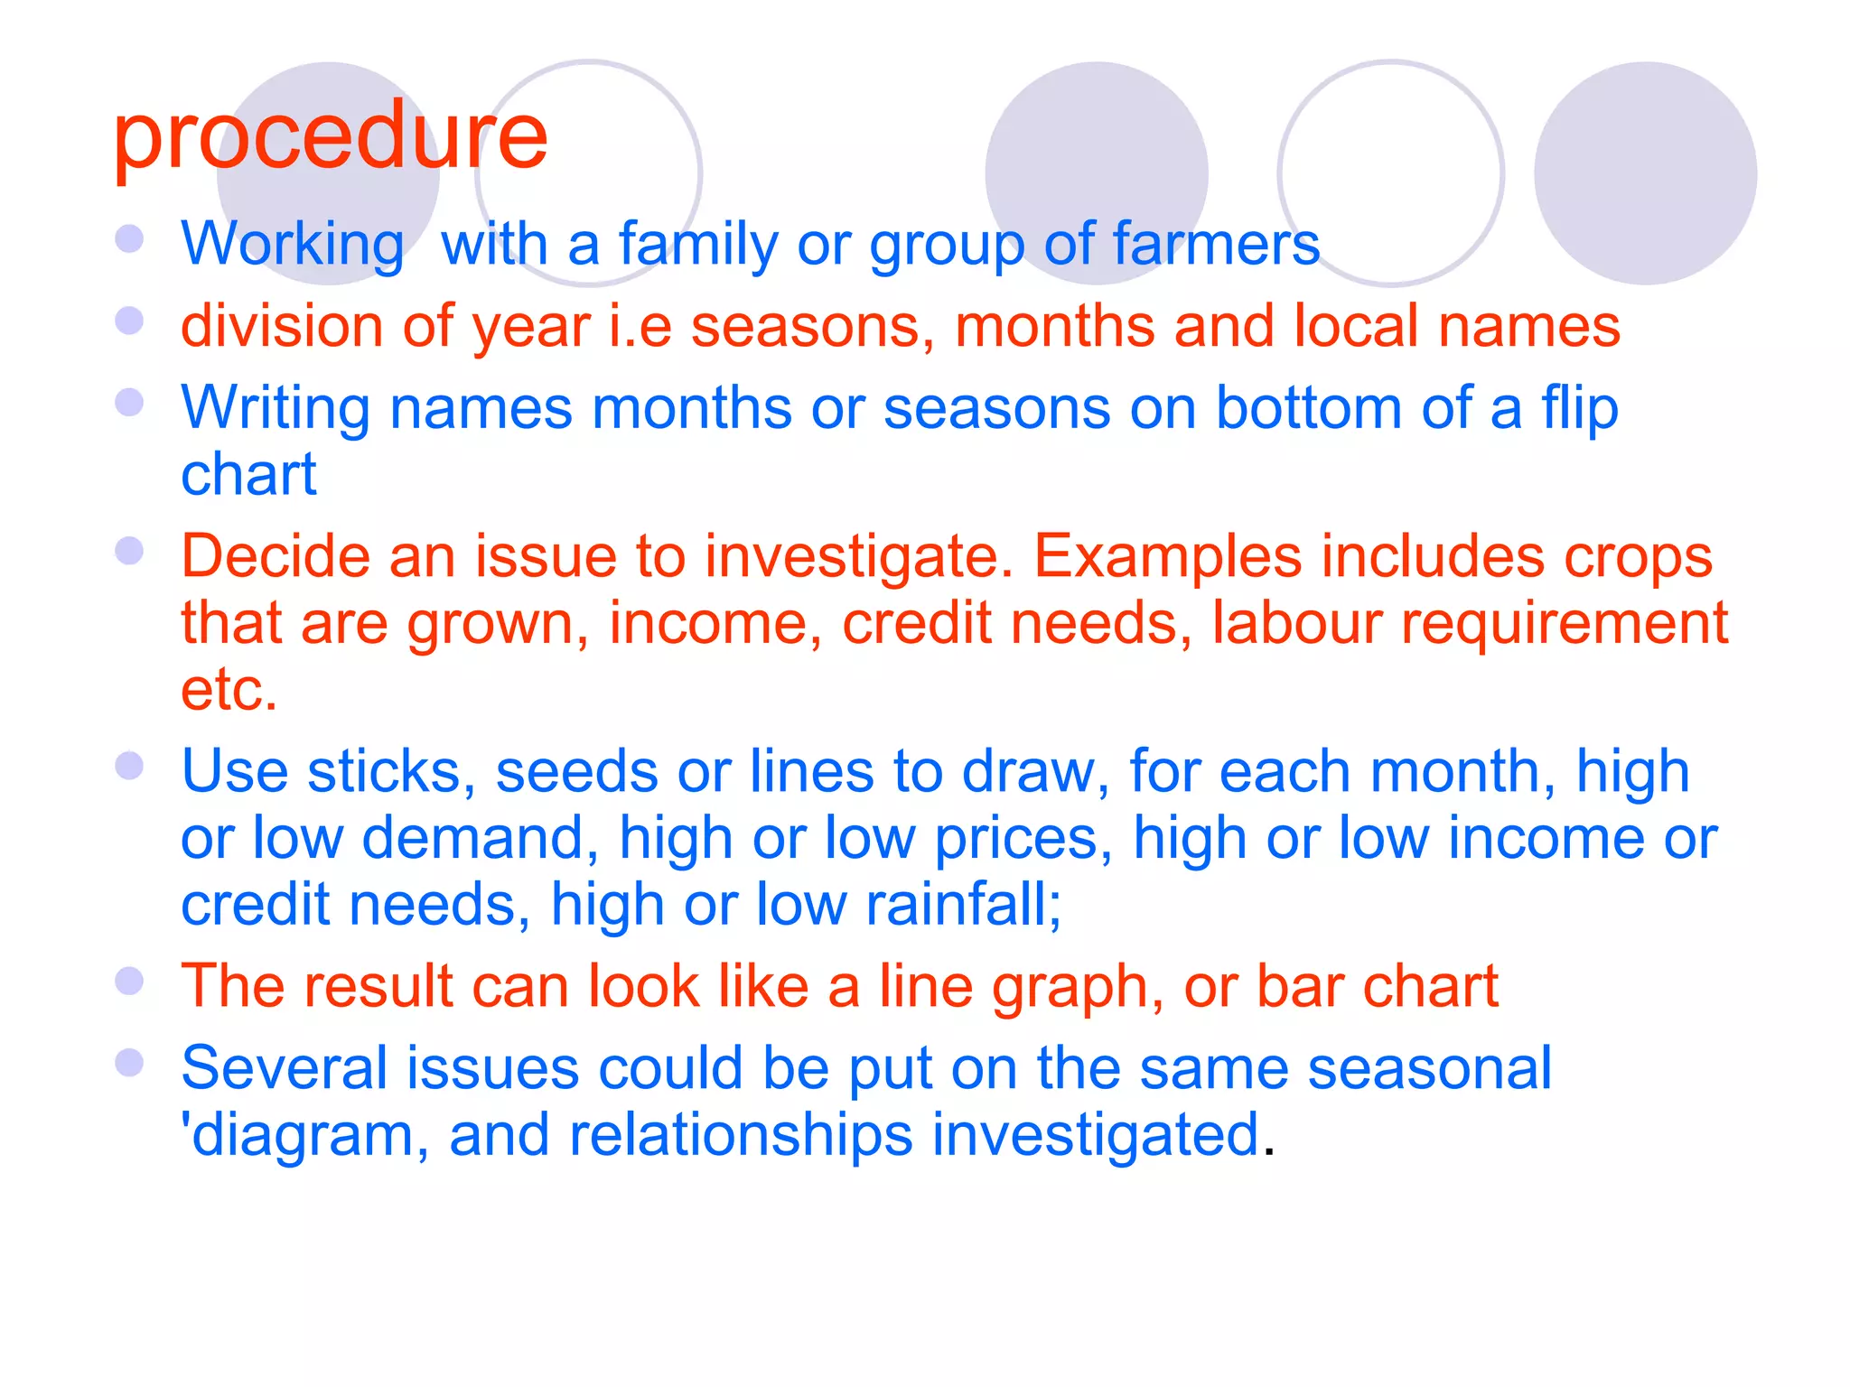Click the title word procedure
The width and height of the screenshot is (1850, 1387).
point(331,137)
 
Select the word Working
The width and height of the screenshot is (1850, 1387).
point(292,244)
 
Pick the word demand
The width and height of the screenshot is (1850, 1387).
point(480,838)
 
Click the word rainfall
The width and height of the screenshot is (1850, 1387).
point(963,905)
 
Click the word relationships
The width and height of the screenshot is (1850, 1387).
point(741,1134)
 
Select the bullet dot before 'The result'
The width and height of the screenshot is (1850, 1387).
point(130,981)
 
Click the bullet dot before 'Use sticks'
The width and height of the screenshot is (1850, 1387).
point(130,766)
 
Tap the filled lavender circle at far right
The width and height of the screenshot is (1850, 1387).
point(1645,173)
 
